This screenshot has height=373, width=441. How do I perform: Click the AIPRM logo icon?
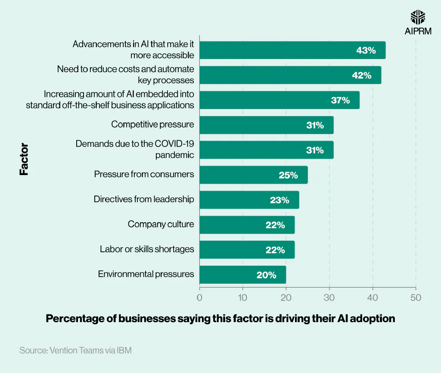tap(418, 17)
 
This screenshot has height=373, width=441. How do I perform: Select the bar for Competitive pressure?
tap(266, 125)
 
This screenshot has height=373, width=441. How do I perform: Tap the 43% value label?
tap(366, 50)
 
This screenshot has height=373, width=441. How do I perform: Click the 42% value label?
tap(361, 75)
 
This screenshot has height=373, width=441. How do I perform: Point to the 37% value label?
tap(340, 100)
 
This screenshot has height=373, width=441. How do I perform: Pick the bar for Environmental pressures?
tap(242, 275)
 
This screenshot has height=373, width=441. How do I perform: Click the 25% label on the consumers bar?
tap(288, 175)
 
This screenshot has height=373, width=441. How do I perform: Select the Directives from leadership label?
tap(144, 199)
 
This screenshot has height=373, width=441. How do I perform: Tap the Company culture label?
tap(161, 224)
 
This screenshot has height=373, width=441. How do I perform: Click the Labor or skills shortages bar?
tap(247, 250)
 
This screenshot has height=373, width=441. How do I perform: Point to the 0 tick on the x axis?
tap(199, 298)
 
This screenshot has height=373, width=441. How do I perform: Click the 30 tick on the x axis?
tap(329, 298)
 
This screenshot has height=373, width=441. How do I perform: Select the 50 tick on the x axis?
tap(416, 298)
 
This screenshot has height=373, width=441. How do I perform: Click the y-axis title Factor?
tap(24, 159)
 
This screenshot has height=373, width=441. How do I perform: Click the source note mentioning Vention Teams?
tap(75, 350)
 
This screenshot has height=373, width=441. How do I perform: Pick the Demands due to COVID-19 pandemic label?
tap(135, 149)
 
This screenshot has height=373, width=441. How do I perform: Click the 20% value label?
tap(266, 275)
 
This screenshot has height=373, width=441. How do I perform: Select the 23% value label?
tap(280, 200)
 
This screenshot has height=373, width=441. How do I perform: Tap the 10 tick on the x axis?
tap(242, 298)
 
